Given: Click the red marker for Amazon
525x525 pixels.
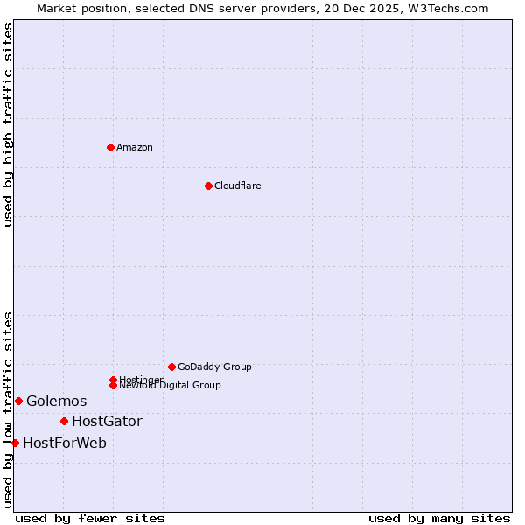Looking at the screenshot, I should click(x=110, y=147).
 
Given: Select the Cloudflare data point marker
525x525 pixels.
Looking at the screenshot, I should click(x=208, y=185).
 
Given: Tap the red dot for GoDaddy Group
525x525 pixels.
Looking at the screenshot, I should click(x=171, y=367).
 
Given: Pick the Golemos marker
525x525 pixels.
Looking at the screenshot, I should click(x=18, y=401).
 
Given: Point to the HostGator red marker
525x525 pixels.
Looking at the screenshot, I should click(x=64, y=421).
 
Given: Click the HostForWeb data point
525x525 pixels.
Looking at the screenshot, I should click(x=15, y=443).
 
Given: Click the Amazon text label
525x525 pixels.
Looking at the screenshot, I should click(x=135, y=147).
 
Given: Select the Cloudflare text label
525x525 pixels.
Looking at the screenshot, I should click(x=238, y=185).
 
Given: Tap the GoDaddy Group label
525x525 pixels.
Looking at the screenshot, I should click(x=214, y=367).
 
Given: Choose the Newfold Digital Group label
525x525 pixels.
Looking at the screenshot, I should click(x=170, y=386).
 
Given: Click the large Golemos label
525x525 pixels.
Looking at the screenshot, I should click(x=57, y=401).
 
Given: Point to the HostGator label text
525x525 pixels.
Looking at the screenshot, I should click(x=107, y=421).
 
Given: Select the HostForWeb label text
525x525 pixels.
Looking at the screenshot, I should click(x=65, y=443).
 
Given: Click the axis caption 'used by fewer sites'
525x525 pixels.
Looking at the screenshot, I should click(x=90, y=518).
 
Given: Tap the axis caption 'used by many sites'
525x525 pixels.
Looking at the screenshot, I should click(x=439, y=518).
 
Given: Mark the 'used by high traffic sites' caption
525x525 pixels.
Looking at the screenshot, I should click(x=8, y=124).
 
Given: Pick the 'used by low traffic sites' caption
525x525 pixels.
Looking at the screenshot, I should click(x=8, y=409).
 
